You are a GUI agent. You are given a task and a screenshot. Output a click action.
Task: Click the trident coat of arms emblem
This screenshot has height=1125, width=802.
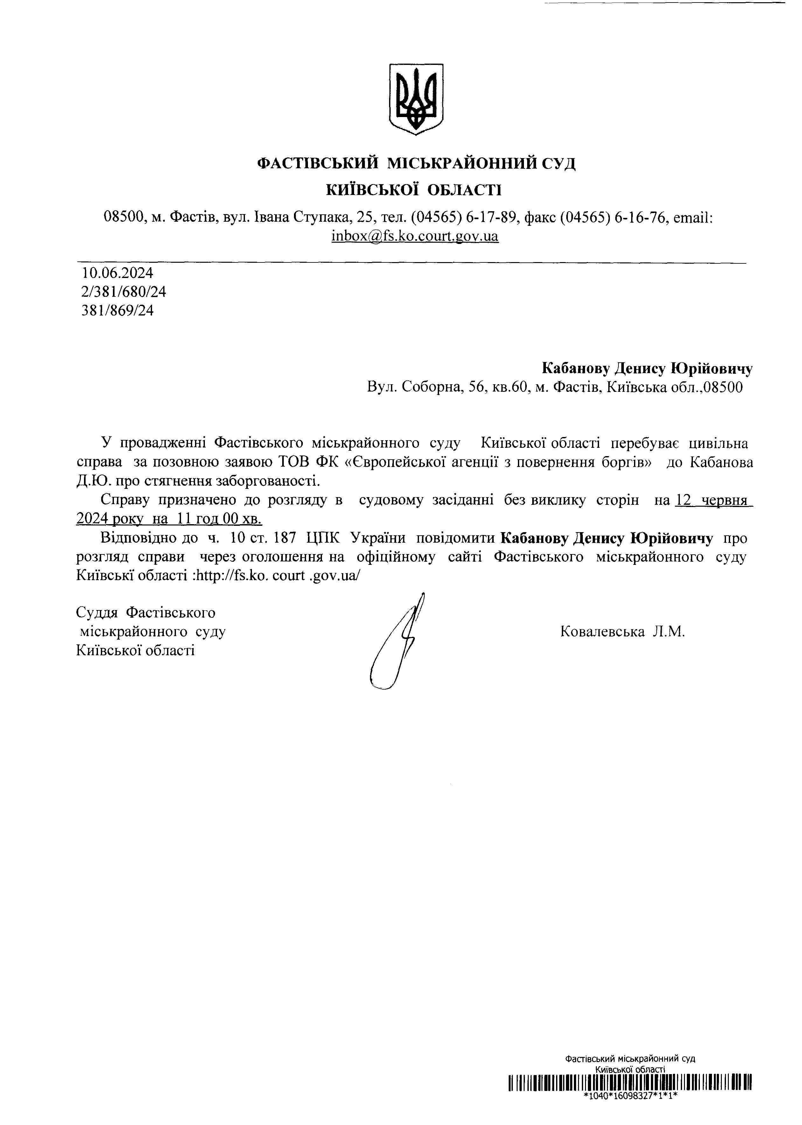[416, 98]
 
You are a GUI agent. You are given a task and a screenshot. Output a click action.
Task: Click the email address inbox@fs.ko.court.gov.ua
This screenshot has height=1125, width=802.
[415, 236]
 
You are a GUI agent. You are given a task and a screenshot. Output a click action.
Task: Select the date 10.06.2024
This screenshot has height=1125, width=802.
[117, 273]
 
